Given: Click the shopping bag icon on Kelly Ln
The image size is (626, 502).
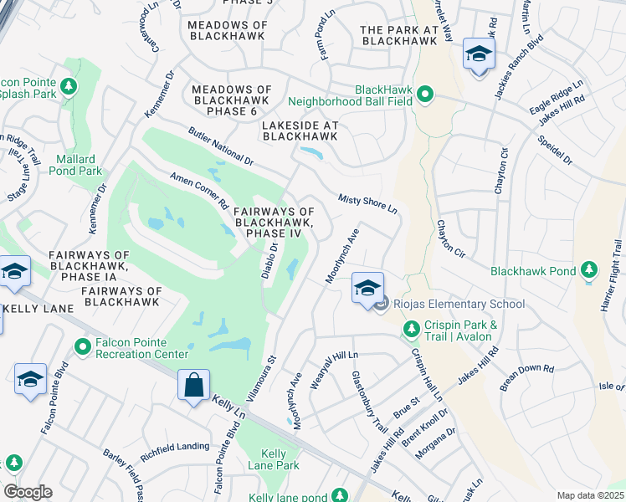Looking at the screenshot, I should [x=193, y=387].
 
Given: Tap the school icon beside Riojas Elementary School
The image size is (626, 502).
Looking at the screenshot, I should [x=367, y=289].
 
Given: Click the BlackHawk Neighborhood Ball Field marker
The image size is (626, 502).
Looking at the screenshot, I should [x=425, y=95].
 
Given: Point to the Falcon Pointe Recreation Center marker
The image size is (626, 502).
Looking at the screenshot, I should [x=82, y=346].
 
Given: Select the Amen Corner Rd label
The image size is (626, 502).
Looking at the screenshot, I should [x=199, y=191].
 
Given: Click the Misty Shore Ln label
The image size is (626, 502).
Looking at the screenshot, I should [x=367, y=203].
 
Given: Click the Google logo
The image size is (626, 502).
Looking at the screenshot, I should [x=28, y=492].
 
